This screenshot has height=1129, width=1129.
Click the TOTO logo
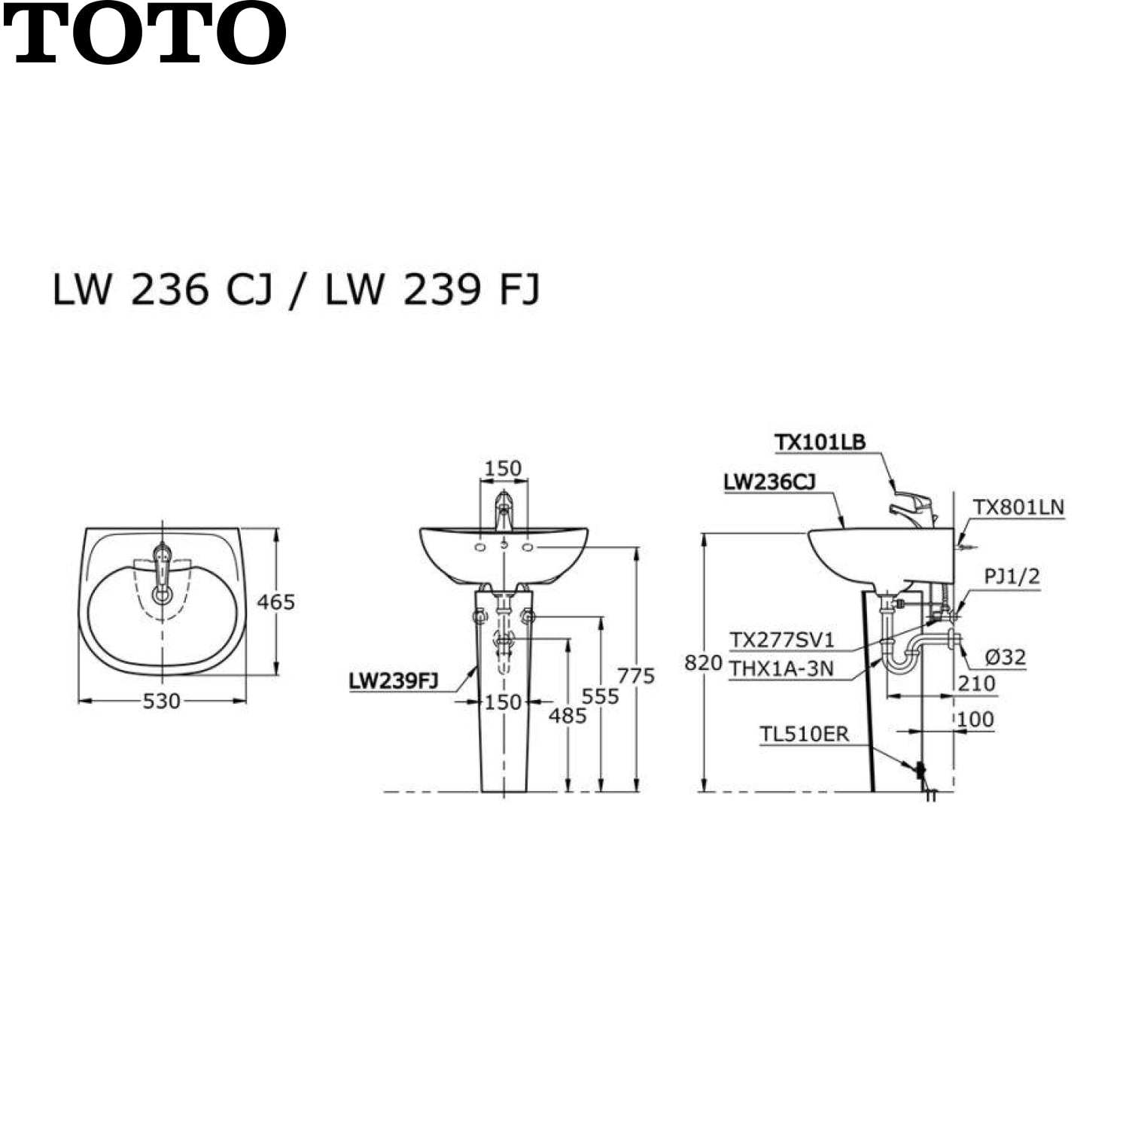(145, 34)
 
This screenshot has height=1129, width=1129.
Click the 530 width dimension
(162, 701)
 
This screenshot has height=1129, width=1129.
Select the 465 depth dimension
(276, 602)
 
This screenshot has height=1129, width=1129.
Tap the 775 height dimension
(637, 676)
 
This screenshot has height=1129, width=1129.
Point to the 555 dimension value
(600, 696)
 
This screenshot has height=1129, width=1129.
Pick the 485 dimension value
(568, 716)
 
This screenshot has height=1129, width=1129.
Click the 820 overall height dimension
(703, 663)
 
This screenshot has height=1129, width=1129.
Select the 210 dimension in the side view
(976, 683)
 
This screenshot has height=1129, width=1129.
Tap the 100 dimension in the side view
(975, 719)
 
